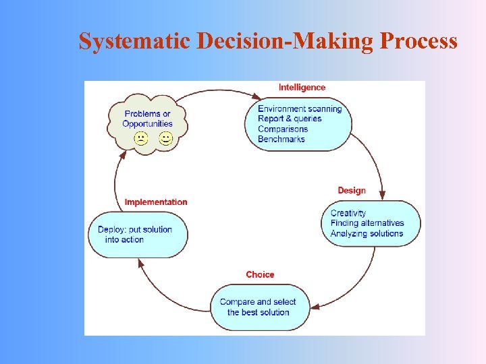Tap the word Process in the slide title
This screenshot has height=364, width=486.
[x=418, y=42]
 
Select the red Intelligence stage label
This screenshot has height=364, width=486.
[x=302, y=88]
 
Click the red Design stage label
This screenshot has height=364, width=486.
[x=351, y=191]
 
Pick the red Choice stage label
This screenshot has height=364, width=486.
[x=260, y=274]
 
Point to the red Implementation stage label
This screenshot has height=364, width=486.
[x=156, y=202]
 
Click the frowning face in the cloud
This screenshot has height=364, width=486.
[x=141, y=139]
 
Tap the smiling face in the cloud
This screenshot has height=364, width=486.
[x=165, y=139]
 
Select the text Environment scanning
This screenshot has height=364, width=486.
[x=300, y=109]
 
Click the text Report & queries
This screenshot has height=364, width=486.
[x=290, y=119]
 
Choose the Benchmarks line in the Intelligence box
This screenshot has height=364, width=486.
[x=281, y=140]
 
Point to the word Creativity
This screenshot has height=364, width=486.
[x=348, y=213]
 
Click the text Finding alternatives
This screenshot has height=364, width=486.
[x=367, y=223]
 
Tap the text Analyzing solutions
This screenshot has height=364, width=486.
[x=367, y=234]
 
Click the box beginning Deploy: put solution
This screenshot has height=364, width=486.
[x=138, y=235]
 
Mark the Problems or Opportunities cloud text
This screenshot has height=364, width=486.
[x=147, y=119]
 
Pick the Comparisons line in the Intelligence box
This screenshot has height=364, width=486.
[x=283, y=129]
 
